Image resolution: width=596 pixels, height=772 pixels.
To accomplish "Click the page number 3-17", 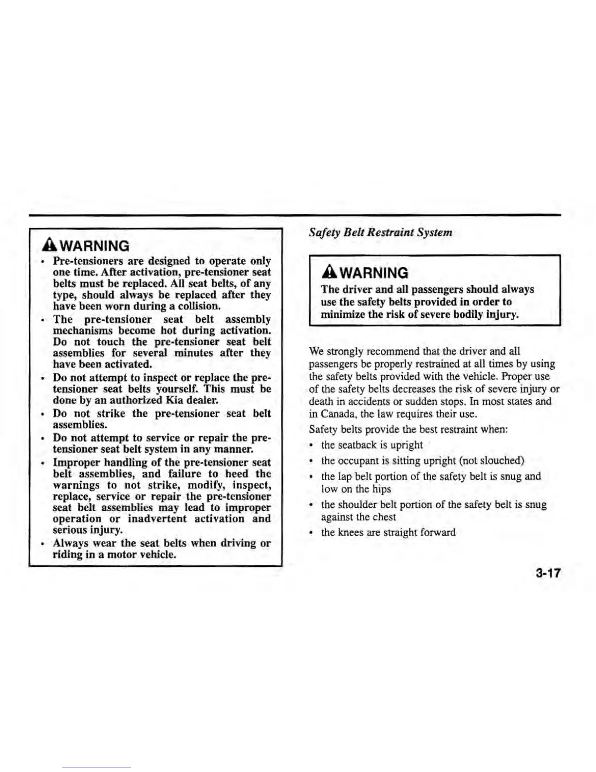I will tap(548, 573).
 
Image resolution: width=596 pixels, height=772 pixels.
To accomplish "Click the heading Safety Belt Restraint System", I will tap(380, 232).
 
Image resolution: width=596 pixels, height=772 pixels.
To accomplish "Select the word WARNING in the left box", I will tap(92, 246).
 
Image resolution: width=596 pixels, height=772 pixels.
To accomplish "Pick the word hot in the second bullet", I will tap(168, 330).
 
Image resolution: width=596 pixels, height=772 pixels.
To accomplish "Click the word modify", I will tap(203, 485).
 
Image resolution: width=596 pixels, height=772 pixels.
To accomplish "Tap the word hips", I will tap(381, 489).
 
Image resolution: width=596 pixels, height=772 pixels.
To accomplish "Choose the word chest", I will tap(384, 517).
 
